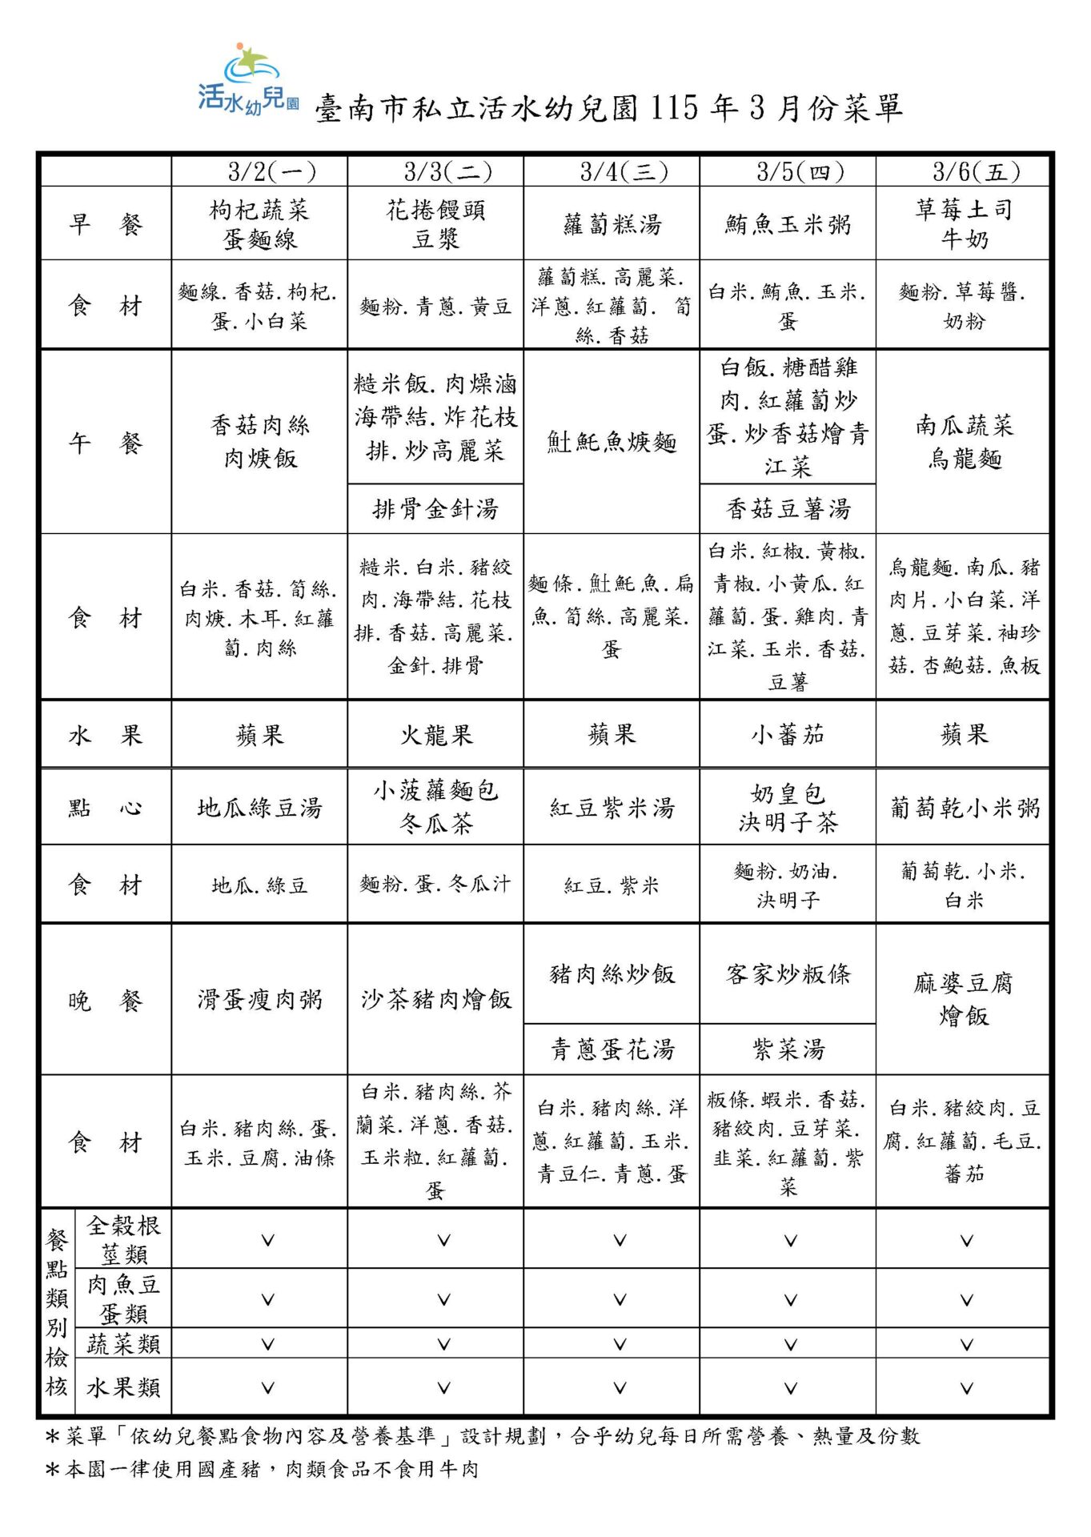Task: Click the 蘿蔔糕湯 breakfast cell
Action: [612, 225]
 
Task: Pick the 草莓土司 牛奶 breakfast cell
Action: [965, 224]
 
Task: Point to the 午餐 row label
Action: [105, 442]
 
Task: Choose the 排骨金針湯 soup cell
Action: [435, 509]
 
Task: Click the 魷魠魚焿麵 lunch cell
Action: [612, 442]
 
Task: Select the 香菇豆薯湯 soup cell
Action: [788, 509]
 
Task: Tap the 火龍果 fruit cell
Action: [436, 735]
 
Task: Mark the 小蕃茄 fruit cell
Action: [788, 735]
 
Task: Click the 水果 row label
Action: [105, 735]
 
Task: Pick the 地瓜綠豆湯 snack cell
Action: [260, 808]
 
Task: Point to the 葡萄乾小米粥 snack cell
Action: [965, 808]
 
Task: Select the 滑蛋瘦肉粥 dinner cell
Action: [260, 999]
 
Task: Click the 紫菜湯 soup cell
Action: [788, 1049]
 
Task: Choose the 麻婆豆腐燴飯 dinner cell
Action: [964, 999]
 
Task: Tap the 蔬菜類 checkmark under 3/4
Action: [620, 1344]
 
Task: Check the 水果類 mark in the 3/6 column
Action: [966, 1388]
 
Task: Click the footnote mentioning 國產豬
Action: [264, 1470]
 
